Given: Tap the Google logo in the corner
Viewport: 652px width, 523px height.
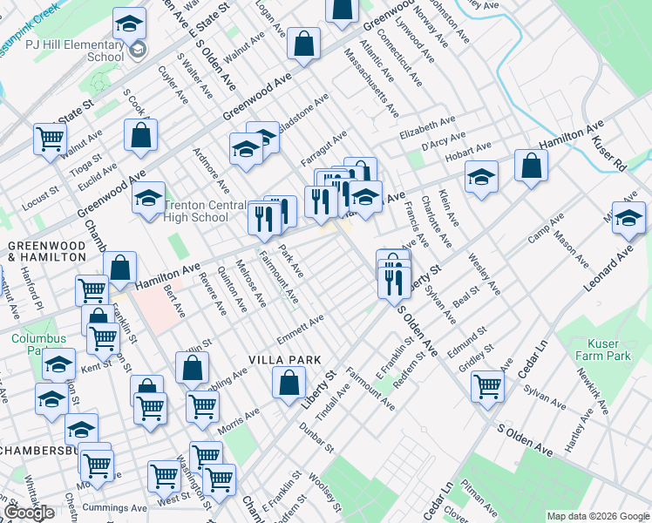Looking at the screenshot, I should click(x=29, y=513).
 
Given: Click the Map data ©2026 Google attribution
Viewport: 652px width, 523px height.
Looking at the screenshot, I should click(x=599, y=516).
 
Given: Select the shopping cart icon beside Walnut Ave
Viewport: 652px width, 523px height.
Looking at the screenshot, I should click(x=51, y=138).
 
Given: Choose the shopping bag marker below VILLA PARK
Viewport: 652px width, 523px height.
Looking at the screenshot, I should click(x=289, y=383).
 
